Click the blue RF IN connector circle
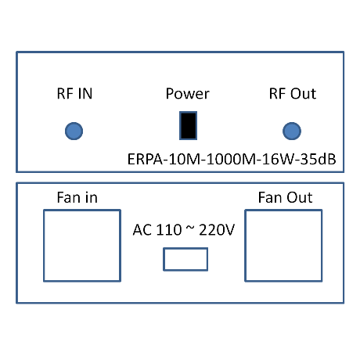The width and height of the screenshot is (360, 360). [74, 131]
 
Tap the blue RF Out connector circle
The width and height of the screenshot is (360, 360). [292, 131]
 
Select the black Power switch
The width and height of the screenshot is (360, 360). [188, 126]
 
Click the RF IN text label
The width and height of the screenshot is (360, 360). [74, 94]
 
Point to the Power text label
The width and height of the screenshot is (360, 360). [188, 94]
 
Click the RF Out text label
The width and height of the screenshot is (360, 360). [293, 94]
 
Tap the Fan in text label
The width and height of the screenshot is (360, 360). [77, 197]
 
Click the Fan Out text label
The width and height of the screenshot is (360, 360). [285, 197]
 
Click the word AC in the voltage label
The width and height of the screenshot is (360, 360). [142, 230]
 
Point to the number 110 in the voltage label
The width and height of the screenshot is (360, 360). [169, 230]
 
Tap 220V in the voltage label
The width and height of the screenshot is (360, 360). [217, 230]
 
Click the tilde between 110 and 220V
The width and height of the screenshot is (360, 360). [190, 229]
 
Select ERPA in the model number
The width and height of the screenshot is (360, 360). [145, 159]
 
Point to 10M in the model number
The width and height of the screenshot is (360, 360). [185, 159]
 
